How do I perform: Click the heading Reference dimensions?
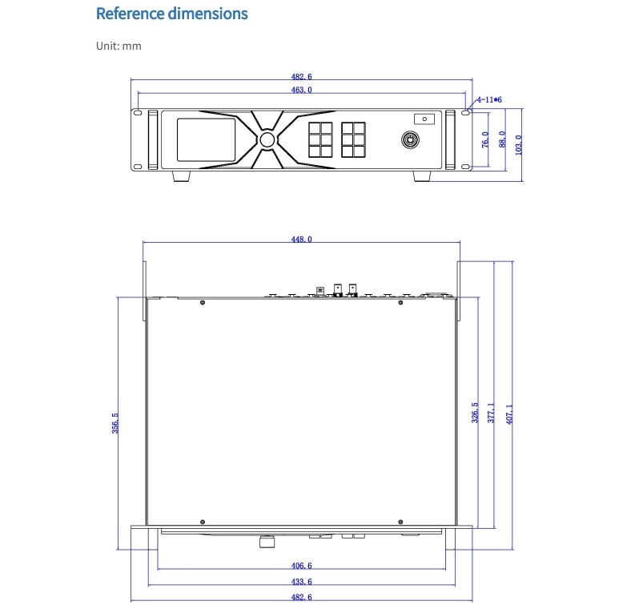pyautogui.click(x=171, y=14)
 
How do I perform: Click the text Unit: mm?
pyautogui.click(x=119, y=46)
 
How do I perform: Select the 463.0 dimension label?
pyautogui.click(x=301, y=90)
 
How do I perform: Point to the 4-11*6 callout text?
pyautogui.click(x=489, y=99)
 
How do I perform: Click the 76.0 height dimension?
pyautogui.click(x=485, y=139)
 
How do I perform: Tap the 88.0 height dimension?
pyautogui.click(x=502, y=139)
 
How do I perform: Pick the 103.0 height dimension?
pyautogui.click(x=518, y=145)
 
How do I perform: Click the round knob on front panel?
pyautogui.click(x=267, y=139)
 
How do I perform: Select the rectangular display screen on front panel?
pyautogui.click(x=206, y=139)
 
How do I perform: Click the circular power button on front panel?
pyautogui.click(x=410, y=140)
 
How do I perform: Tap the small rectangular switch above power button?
pyautogui.click(x=424, y=119)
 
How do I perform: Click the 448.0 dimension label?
pyautogui.click(x=301, y=239)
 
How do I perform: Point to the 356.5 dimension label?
pyautogui.click(x=115, y=423)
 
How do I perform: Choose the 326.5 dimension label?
pyautogui.click(x=475, y=413)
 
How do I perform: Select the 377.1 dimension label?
pyautogui.click(x=491, y=413)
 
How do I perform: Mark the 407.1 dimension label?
pyautogui.click(x=509, y=414)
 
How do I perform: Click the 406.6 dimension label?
pyautogui.click(x=301, y=566)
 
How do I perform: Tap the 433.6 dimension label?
pyautogui.click(x=301, y=582)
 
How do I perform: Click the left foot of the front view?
pyautogui.click(x=182, y=175)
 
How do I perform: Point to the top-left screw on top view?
pyautogui.click(x=203, y=303)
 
